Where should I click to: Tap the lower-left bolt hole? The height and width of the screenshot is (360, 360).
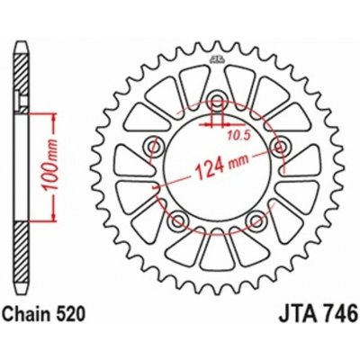pos(177,219)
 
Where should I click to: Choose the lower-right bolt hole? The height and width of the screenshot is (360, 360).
pos(256,219)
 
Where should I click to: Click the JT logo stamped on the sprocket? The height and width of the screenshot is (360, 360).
pos(216,60)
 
